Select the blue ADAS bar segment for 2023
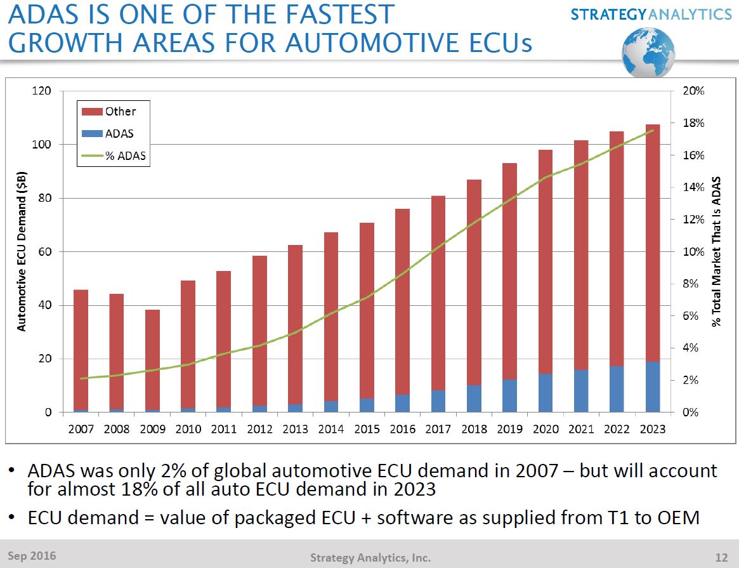(x=653, y=386)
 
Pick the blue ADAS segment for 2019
(x=510, y=395)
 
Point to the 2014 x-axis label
(x=330, y=429)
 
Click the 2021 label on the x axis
(x=581, y=429)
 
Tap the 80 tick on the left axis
(x=43, y=198)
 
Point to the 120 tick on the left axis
(x=41, y=91)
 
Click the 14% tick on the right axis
(x=693, y=187)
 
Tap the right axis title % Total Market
(x=717, y=252)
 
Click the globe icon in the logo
(x=648, y=53)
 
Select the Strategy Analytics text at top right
(x=651, y=13)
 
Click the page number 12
(x=721, y=558)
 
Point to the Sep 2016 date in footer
(x=32, y=557)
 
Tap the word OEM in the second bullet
(x=677, y=518)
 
